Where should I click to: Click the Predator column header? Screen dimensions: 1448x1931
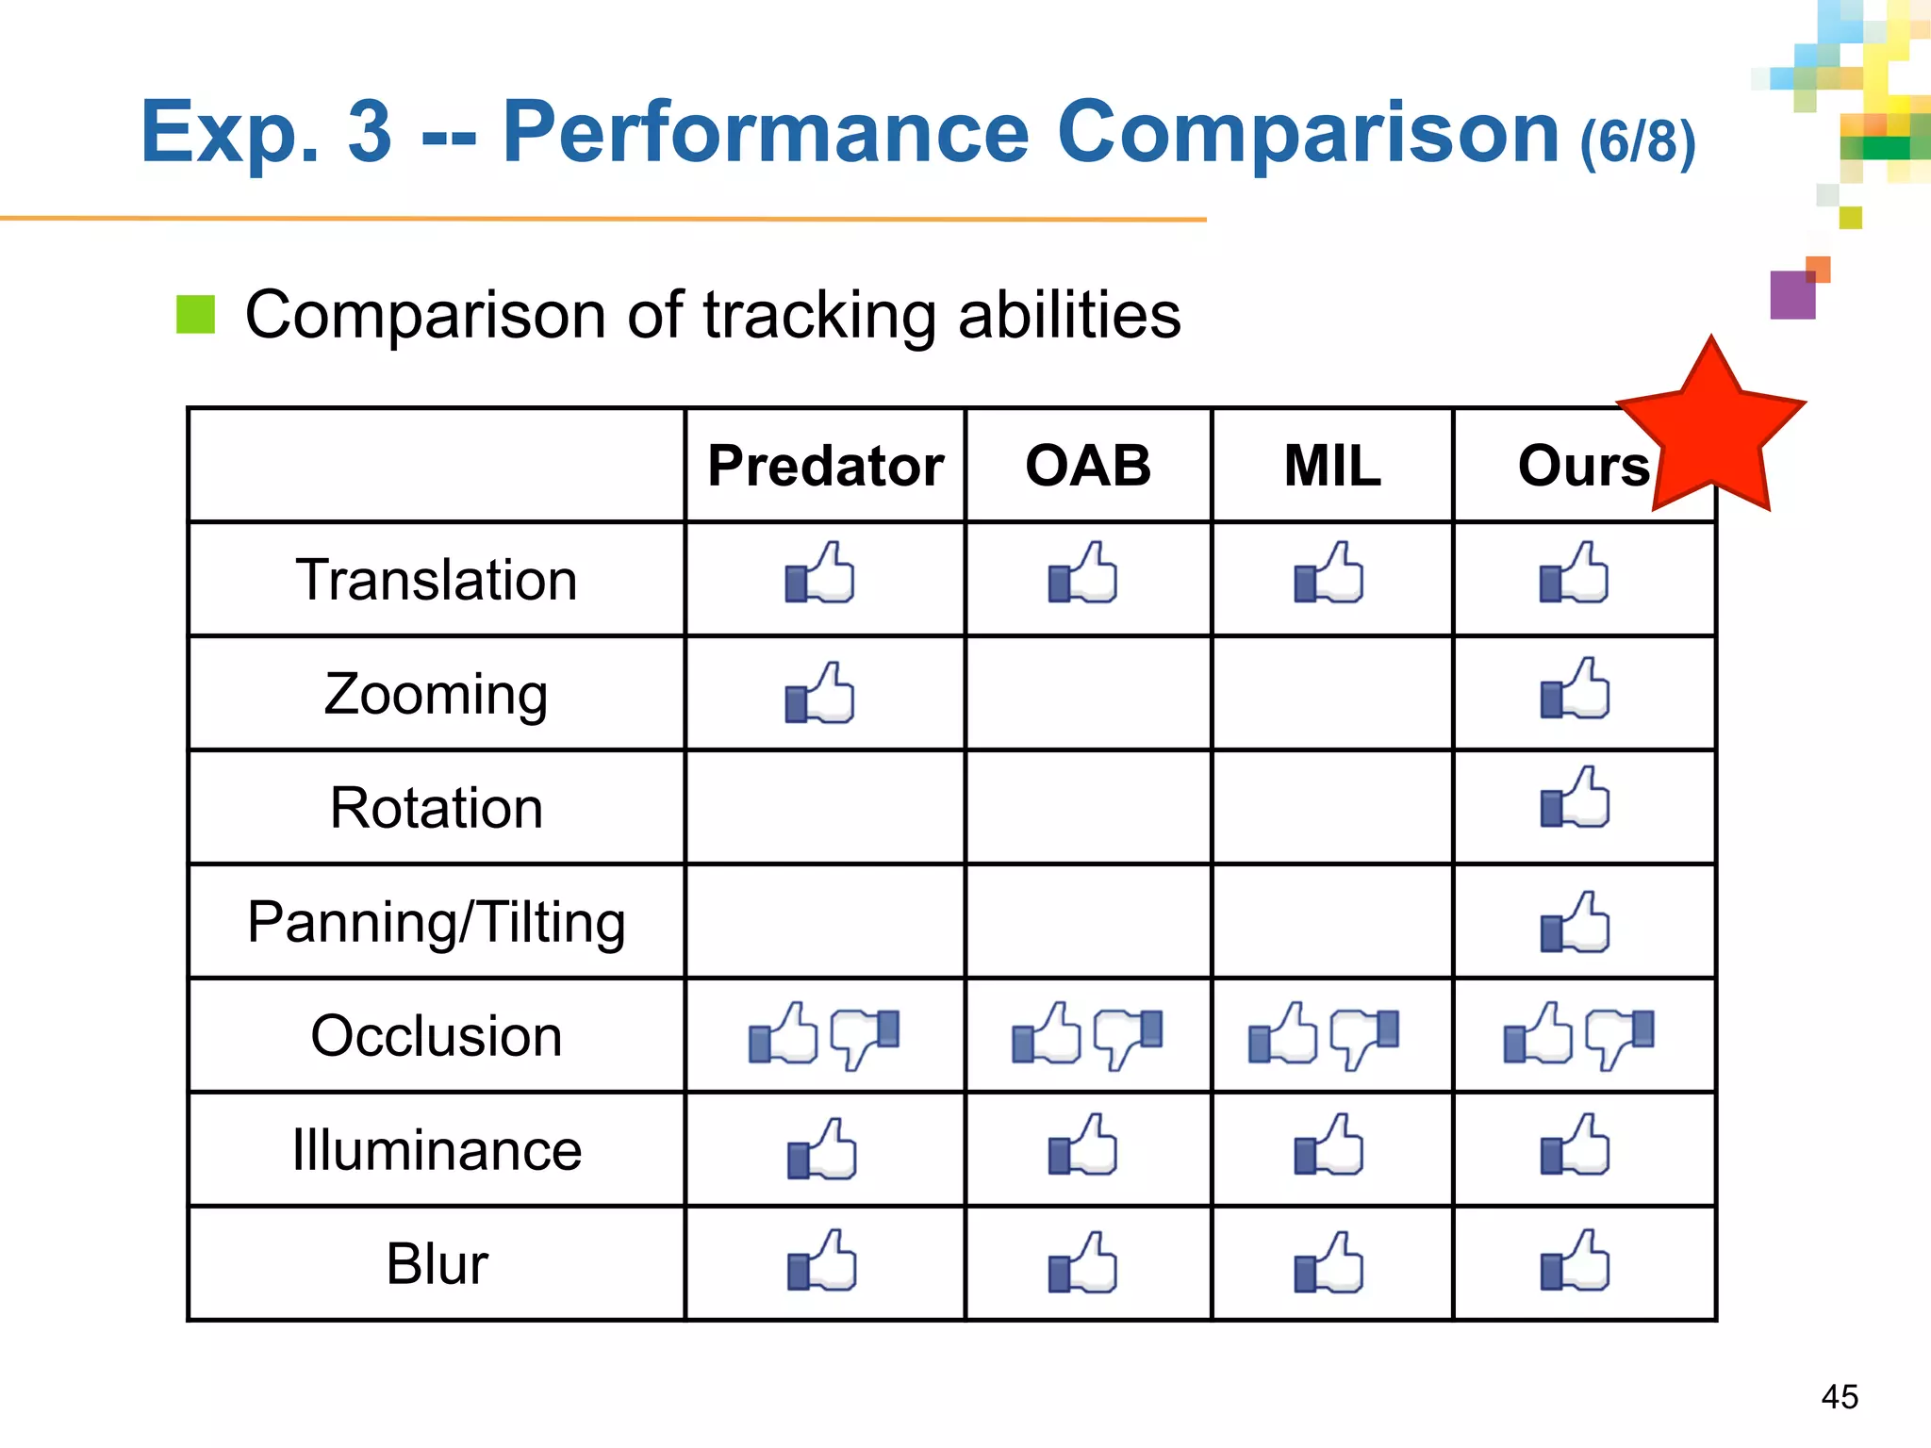pyautogui.click(x=825, y=466)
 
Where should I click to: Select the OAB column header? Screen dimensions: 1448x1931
pyautogui.click(x=1088, y=466)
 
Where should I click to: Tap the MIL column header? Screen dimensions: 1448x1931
pyautogui.click(x=1331, y=466)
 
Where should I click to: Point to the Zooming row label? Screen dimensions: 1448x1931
pyautogui.click(x=436, y=695)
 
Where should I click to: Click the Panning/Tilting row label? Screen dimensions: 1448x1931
pyautogui.click(x=436, y=922)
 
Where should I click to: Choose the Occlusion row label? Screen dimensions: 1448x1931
pyautogui.click(x=436, y=1036)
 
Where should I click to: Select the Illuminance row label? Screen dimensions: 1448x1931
pyautogui.click(x=436, y=1150)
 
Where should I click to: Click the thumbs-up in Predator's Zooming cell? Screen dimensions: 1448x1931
pyautogui.click(x=820, y=694)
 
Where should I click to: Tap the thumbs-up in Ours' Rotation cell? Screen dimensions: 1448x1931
pyautogui.click(x=1575, y=798)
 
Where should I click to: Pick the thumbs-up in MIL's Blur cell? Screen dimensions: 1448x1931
pyautogui.click(x=1329, y=1262)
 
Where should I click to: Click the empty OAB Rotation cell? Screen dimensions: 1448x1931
pyautogui.click(x=1088, y=808)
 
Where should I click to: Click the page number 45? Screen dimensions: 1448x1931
pyautogui.click(x=1840, y=1396)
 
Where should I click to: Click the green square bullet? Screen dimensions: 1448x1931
pyautogui.click(x=196, y=315)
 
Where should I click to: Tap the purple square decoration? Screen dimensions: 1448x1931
pyautogui.click(x=1791, y=295)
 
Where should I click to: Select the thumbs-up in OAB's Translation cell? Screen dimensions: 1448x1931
pyautogui.click(x=1082, y=573)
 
